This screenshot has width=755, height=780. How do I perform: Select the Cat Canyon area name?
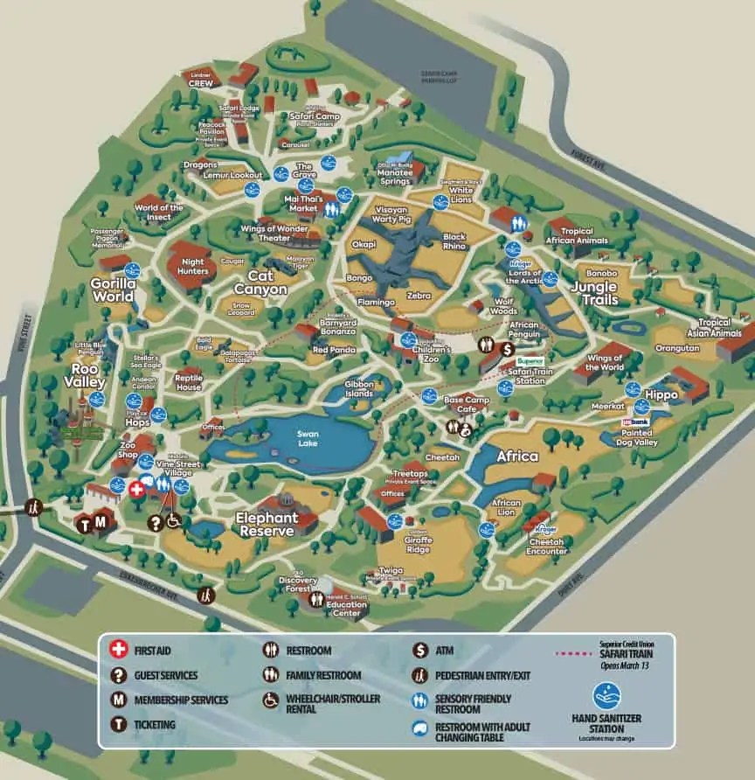[x=260, y=282]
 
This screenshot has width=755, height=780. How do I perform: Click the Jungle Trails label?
[x=594, y=293]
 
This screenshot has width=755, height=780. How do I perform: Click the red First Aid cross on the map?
[x=136, y=490]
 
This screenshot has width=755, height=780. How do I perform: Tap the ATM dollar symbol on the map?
[x=508, y=348]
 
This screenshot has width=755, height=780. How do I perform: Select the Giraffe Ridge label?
[x=419, y=551]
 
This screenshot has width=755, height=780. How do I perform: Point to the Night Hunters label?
[x=193, y=266]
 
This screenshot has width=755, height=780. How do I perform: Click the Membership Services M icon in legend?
[x=116, y=700]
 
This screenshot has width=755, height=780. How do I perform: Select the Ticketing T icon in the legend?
[x=116, y=724]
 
